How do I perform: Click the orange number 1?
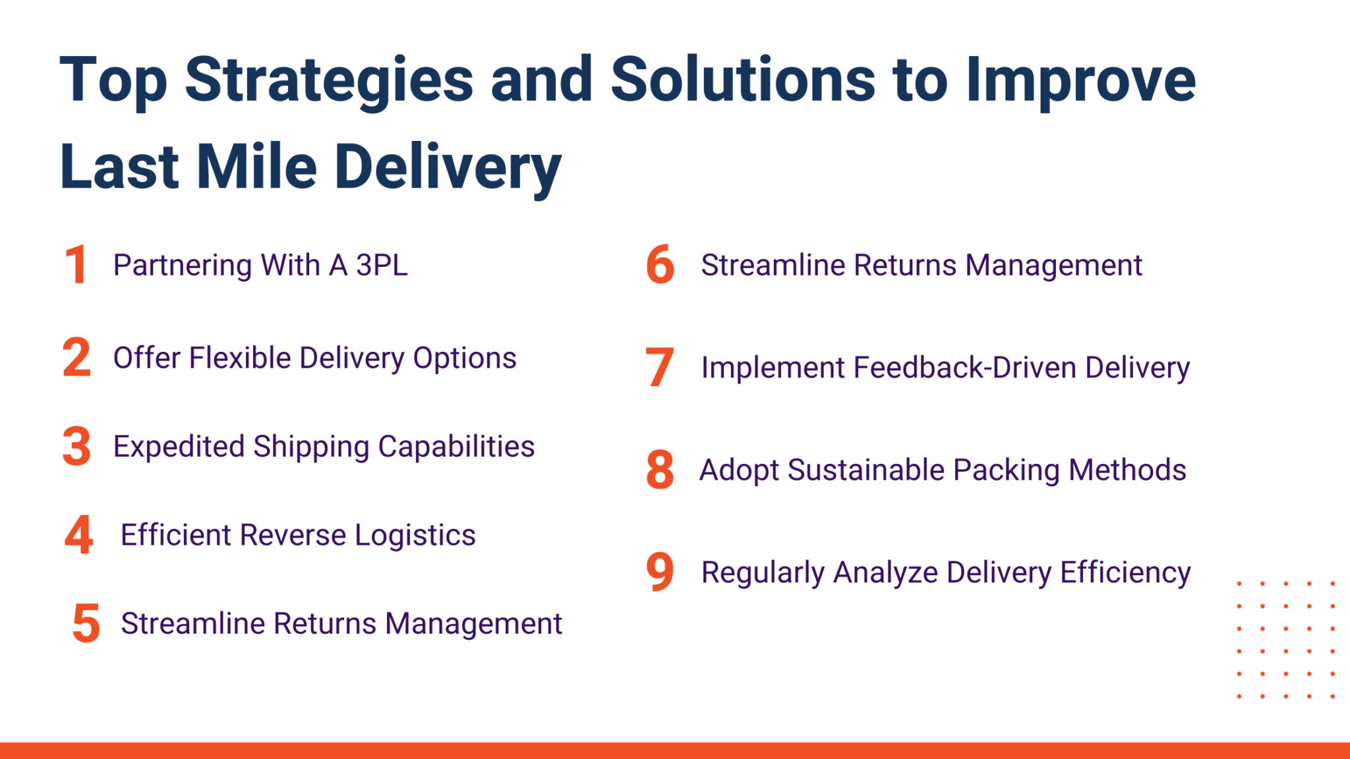(x=76, y=265)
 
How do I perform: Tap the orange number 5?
(x=86, y=623)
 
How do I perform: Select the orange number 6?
(x=660, y=265)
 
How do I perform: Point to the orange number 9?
(x=660, y=571)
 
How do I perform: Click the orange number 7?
(x=659, y=367)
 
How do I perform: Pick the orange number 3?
(x=76, y=447)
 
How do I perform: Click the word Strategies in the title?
(x=329, y=80)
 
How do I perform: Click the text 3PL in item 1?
(x=382, y=265)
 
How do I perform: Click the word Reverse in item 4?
(x=293, y=534)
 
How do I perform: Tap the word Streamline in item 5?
(x=192, y=623)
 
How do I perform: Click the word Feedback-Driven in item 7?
(x=964, y=368)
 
